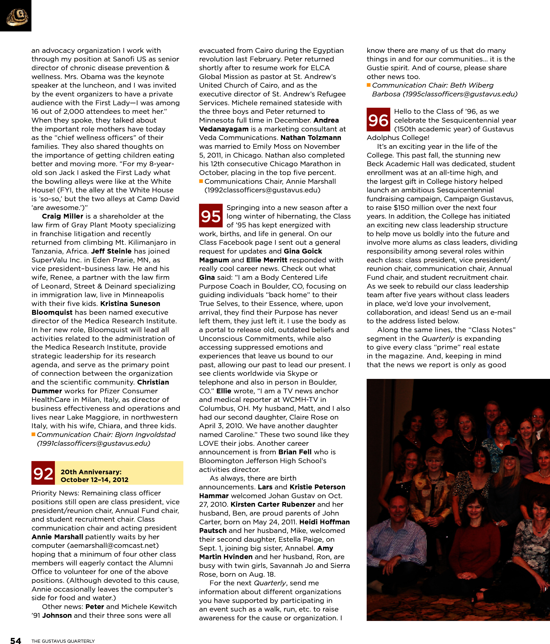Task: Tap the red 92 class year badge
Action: [43, 473]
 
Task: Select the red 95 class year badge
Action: [211, 216]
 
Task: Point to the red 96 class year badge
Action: [378, 120]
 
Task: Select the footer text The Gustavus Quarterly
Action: [63, 641]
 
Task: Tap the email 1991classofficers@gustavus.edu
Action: [93, 443]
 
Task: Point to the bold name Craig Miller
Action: [62, 216]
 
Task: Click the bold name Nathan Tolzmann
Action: [311, 138]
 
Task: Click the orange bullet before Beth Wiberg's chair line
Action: [369, 85]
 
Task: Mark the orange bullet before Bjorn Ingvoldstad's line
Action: [33, 434]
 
